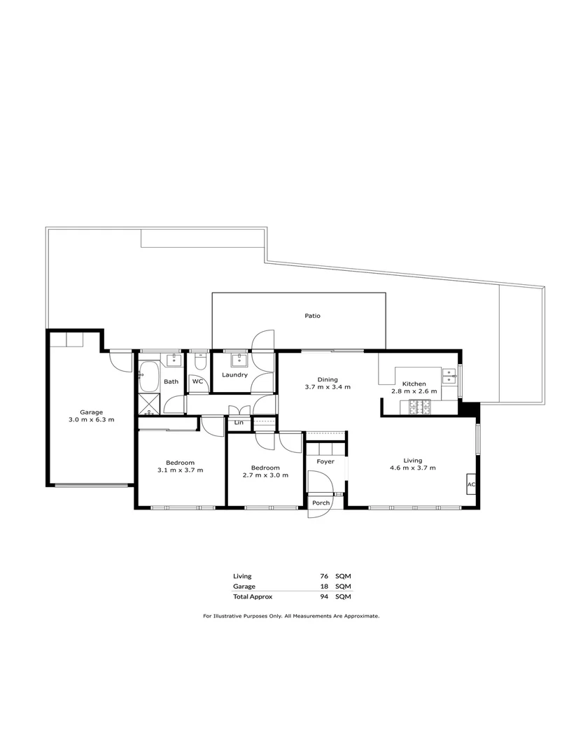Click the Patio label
[312, 316]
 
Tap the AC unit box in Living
[471, 484]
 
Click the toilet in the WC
[199, 363]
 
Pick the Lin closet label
[239, 423]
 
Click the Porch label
[321, 503]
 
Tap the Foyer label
[325, 462]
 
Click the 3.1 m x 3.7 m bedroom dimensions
[180, 470]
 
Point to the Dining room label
[327, 379]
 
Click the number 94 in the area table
[323, 597]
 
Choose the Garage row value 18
[323, 587]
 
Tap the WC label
[197, 381]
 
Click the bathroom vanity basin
[172, 360]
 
